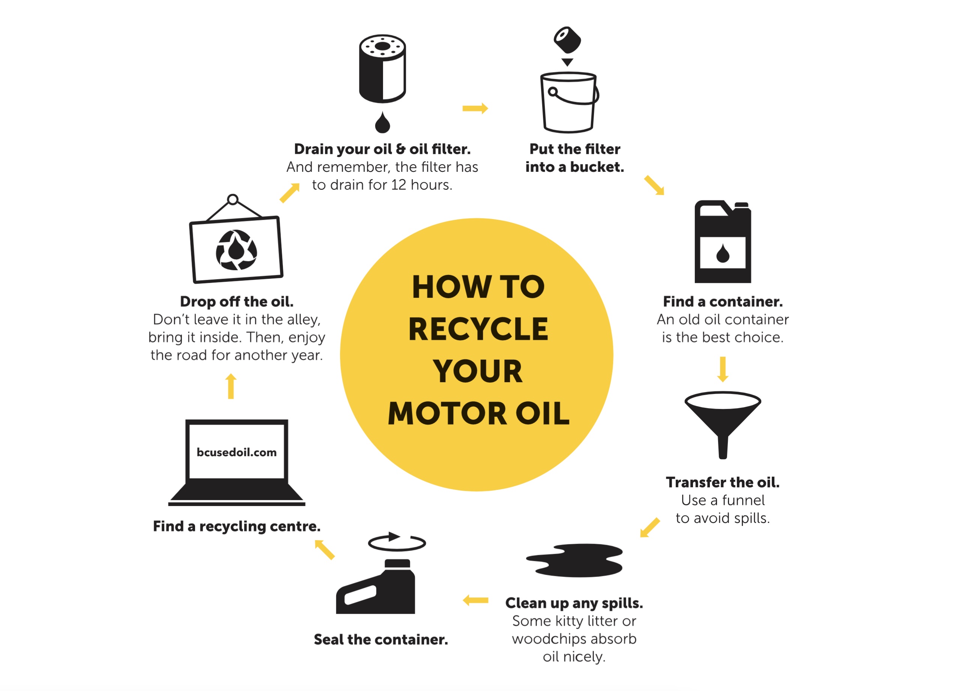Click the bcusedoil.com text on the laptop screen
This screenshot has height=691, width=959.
[236, 452]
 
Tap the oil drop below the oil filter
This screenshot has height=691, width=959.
[382, 123]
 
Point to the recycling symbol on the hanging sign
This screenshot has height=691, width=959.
[236, 250]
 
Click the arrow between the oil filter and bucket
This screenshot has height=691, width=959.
[475, 109]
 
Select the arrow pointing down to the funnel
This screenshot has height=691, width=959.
[723, 369]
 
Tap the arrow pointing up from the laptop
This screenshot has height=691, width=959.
[231, 386]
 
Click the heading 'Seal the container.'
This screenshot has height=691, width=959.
[380, 639]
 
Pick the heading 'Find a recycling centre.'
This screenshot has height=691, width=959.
[236, 526]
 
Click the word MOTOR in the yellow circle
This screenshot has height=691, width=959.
[447, 413]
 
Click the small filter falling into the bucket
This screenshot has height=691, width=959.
[567, 40]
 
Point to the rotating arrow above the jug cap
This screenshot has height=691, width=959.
[397, 542]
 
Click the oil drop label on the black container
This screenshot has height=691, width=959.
[723, 253]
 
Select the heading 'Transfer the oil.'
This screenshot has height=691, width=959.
[722, 482]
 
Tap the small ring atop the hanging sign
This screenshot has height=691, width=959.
[233, 200]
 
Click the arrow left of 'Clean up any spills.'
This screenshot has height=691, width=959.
[475, 600]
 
